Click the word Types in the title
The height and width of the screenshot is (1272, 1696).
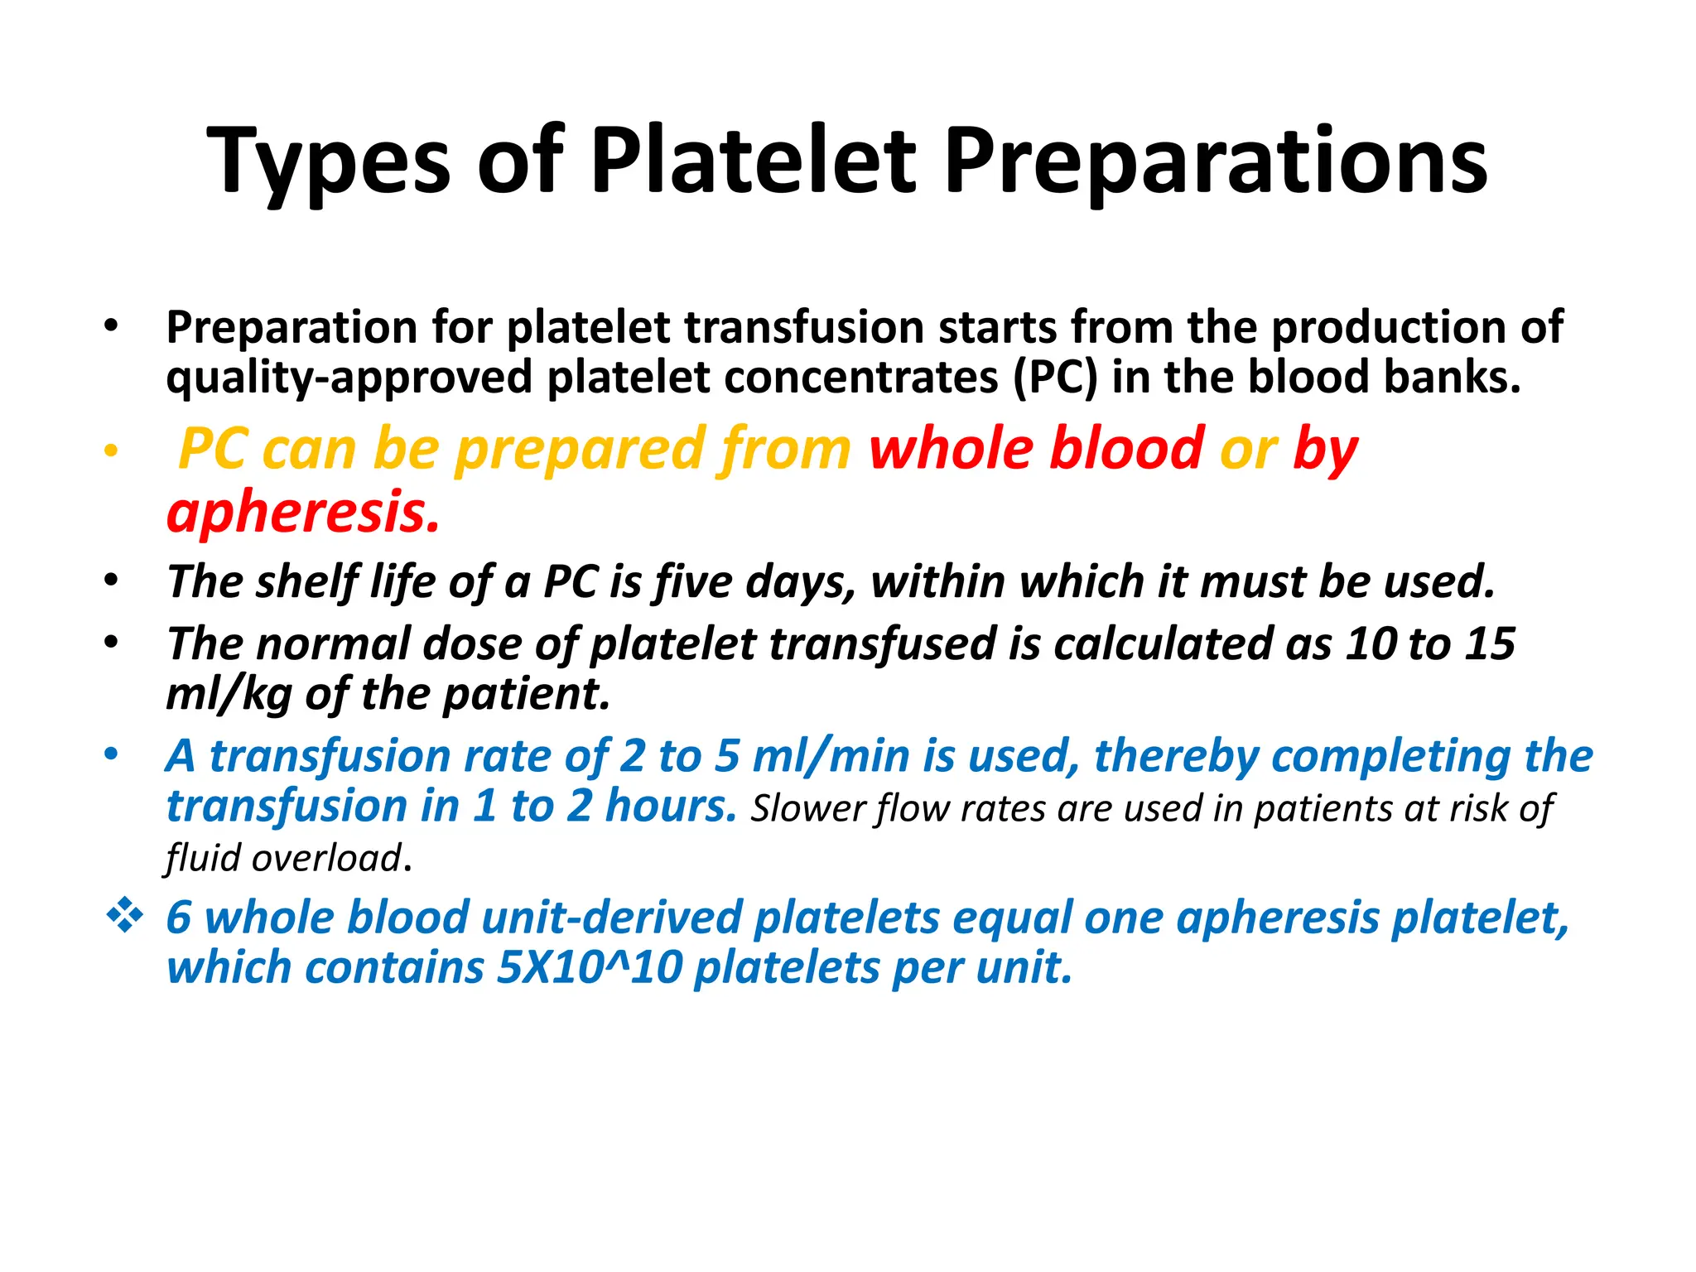[328, 161]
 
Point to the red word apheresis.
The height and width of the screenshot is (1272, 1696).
[302, 512]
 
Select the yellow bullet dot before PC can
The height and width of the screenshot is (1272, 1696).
[111, 452]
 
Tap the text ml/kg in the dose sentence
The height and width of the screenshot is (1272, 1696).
[228, 694]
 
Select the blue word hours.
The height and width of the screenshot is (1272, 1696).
[671, 806]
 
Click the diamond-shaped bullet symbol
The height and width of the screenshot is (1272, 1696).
[125, 916]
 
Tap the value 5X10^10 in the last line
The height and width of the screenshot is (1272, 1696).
[589, 967]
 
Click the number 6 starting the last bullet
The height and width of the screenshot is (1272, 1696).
[179, 918]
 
